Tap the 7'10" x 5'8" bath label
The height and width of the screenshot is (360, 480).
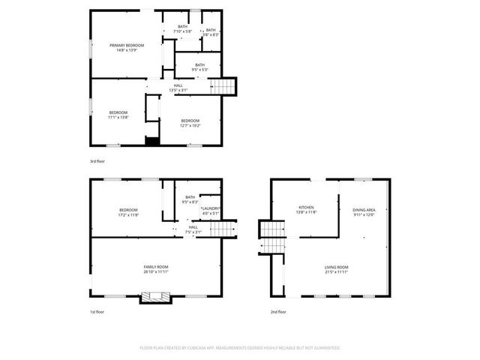pyautogui.click(x=183, y=30)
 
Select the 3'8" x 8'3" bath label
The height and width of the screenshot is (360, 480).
pyautogui.click(x=211, y=32)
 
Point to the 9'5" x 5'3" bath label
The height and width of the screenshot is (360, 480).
pyautogui.click(x=199, y=67)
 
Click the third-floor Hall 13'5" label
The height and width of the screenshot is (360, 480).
pyautogui.click(x=178, y=88)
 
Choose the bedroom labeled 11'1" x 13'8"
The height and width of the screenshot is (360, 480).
pyautogui.click(x=118, y=115)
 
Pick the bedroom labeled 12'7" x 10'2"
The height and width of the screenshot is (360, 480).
pyautogui.click(x=190, y=123)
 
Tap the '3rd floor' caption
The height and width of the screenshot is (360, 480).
pyautogui.click(x=97, y=161)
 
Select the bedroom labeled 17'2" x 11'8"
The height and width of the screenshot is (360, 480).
pyautogui.click(x=128, y=212)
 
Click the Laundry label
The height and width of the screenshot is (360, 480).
pyautogui.click(x=210, y=211)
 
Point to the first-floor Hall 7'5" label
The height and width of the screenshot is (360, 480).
pyautogui.click(x=193, y=229)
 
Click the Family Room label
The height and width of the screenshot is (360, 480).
pyautogui.click(x=156, y=269)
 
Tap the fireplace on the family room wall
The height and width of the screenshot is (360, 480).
pyautogui.click(x=156, y=297)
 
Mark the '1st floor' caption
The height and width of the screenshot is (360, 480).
pyautogui.click(x=97, y=311)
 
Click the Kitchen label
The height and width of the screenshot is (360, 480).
pyautogui.click(x=307, y=210)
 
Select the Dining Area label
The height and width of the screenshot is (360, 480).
pyautogui.click(x=364, y=213)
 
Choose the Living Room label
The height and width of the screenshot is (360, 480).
pyautogui.click(x=336, y=269)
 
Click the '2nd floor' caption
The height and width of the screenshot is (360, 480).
pyautogui.click(x=279, y=311)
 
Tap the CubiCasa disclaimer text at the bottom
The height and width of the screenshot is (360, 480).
pyautogui.click(x=240, y=348)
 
